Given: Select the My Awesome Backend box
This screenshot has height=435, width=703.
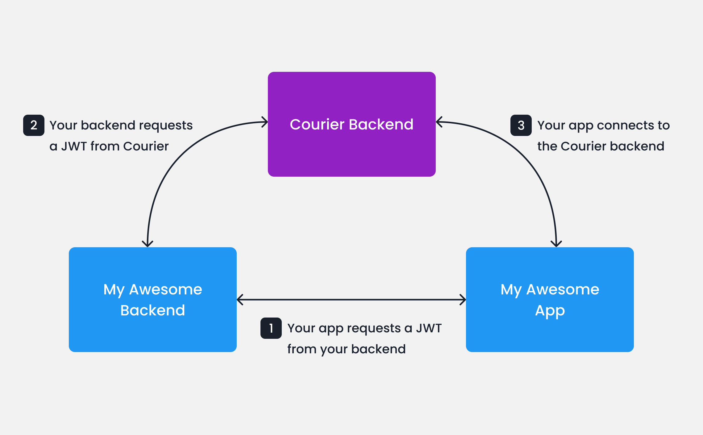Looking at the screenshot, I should [152, 333].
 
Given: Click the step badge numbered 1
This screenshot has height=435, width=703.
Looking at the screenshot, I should [271, 328].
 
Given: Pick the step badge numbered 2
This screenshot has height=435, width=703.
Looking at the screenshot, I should [34, 125].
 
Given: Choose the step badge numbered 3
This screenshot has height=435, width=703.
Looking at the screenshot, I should [521, 125].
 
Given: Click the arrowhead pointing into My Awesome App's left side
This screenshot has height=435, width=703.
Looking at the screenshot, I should [463, 299].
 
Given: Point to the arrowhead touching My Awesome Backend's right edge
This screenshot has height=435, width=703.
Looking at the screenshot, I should [240, 299].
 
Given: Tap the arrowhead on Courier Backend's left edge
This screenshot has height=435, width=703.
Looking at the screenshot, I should [265, 122].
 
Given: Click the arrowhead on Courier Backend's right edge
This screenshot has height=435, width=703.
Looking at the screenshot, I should [439, 122].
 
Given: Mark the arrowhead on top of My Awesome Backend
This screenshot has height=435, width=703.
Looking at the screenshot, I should [148, 244].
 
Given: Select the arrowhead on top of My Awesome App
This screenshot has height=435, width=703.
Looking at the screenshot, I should [556, 244].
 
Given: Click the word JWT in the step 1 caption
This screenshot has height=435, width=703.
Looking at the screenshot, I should [429, 328].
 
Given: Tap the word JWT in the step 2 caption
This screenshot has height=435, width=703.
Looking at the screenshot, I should [74, 146].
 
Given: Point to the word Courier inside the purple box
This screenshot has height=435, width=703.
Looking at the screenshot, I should [317, 124].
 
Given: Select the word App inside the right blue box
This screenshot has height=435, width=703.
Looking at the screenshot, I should [550, 311].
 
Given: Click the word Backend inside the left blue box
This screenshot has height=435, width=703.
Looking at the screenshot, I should [152, 310].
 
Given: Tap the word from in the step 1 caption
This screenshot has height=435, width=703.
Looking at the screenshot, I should [302, 349].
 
